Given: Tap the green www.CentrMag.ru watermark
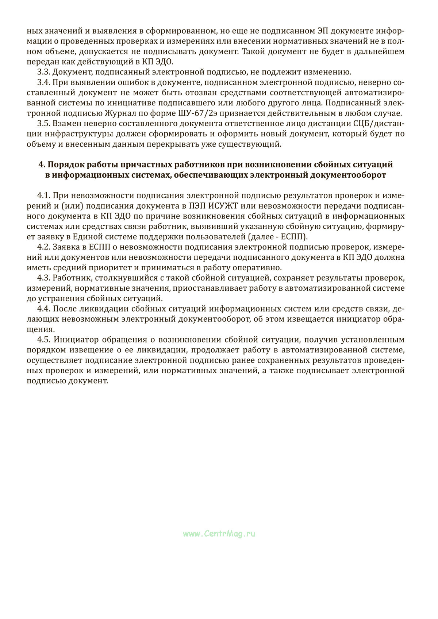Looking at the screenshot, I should point(219,534).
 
